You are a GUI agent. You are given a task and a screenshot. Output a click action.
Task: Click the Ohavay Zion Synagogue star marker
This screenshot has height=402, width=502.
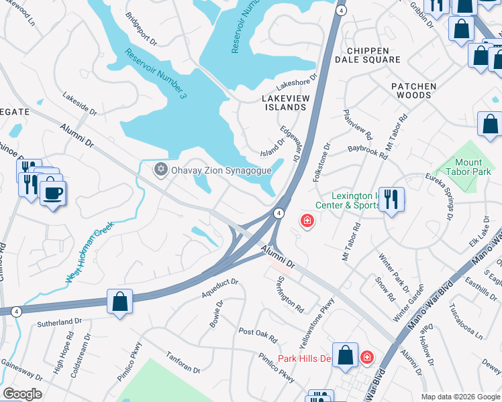[x=160, y=170]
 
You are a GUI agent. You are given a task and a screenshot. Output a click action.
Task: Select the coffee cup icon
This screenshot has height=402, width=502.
[x=53, y=194]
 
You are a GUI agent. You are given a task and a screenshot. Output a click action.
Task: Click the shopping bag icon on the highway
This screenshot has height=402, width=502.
[x=119, y=301]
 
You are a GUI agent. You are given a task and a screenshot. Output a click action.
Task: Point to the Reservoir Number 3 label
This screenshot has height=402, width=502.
[x=154, y=74]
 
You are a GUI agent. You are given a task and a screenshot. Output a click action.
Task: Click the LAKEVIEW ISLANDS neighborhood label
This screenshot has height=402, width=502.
[x=283, y=103]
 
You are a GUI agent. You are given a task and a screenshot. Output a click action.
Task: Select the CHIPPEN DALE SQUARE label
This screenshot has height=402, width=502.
[x=372, y=55]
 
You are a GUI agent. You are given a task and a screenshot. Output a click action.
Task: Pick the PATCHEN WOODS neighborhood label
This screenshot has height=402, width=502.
[x=413, y=90]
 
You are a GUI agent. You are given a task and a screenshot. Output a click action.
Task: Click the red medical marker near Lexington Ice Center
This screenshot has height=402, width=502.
[x=307, y=220]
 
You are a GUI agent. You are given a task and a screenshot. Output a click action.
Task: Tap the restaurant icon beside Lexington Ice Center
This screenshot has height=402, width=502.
[x=391, y=199]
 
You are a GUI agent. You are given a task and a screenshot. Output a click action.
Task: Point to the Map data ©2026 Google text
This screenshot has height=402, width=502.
[x=460, y=396]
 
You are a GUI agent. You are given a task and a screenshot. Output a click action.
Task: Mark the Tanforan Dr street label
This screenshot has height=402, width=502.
[x=183, y=365]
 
